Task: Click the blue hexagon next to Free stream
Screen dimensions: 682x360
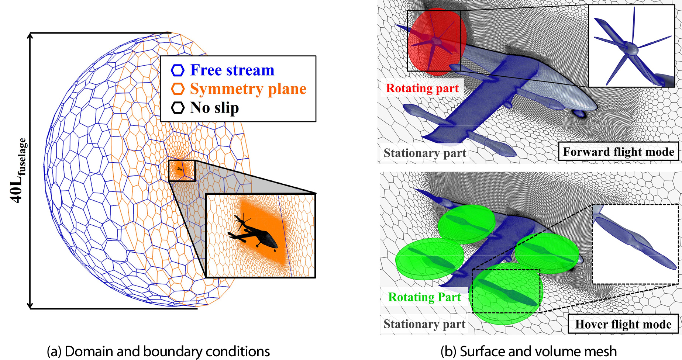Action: click(178, 70)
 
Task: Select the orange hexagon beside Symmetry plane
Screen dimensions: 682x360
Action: click(178, 89)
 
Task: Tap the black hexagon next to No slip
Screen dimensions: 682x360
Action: click(178, 108)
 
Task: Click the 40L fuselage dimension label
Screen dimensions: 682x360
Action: click(18, 170)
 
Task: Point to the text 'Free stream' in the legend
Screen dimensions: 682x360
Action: click(232, 70)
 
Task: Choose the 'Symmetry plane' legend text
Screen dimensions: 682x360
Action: click(248, 89)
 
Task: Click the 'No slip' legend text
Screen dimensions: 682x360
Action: click(214, 108)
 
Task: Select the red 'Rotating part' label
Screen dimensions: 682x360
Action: click(422, 88)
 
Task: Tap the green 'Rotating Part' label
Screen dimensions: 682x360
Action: click(424, 297)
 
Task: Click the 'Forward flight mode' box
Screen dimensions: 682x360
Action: click(619, 152)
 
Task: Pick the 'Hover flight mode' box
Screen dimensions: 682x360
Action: click(623, 324)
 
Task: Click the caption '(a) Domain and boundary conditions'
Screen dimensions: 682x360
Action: click(158, 351)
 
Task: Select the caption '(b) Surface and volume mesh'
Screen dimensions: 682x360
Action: click(528, 351)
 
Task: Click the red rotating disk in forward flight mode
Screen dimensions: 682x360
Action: click(437, 42)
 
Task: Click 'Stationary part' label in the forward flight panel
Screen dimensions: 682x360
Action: click(425, 153)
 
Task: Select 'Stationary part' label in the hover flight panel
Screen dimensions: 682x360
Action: click(424, 324)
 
